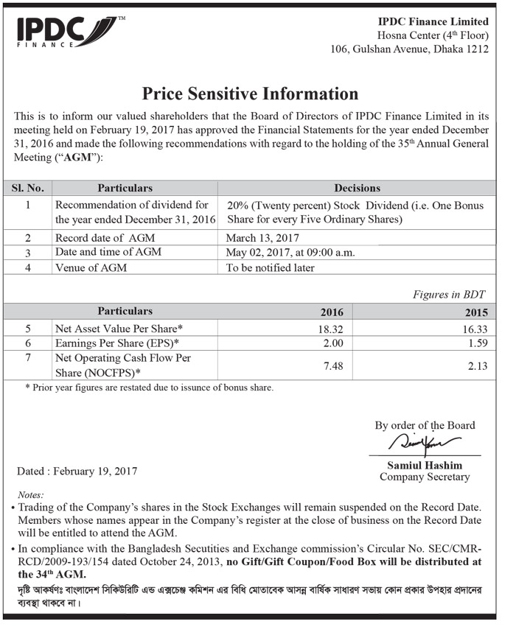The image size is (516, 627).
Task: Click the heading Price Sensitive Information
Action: (250, 94)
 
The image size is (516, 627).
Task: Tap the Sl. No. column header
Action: (27, 188)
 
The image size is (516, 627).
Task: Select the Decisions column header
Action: (357, 188)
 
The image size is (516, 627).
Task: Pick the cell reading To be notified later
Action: (271, 267)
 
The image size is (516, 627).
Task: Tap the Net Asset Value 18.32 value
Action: (331, 329)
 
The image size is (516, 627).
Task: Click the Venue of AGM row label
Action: (91, 267)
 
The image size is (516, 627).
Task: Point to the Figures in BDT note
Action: (450, 295)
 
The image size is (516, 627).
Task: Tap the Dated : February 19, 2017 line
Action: (77, 471)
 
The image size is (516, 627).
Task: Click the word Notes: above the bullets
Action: (32, 495)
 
